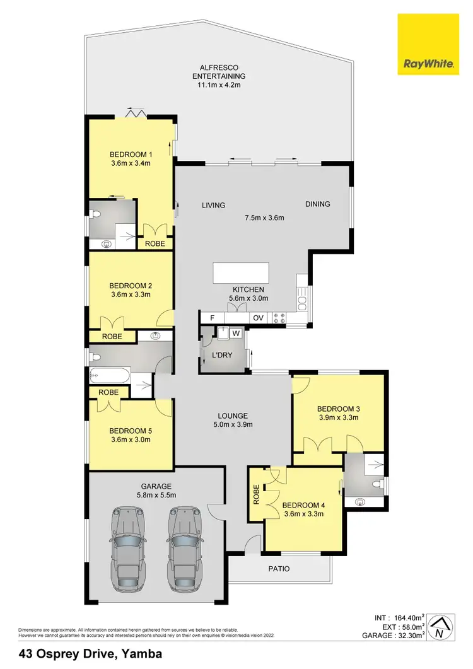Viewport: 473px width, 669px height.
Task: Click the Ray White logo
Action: point(426,44)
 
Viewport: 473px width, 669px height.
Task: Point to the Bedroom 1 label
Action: point(131,154)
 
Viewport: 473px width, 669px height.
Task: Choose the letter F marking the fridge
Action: point(212,318)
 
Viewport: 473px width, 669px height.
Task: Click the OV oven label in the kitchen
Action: point(258,318)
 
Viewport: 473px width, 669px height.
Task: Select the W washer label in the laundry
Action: point(236,333)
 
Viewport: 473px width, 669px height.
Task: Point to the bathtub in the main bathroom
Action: point(111,378)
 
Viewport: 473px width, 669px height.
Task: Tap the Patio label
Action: point(279,569)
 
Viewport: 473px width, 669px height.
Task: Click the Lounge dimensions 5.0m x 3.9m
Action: point(233,424)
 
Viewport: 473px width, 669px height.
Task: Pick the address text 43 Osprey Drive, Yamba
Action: point(91,654)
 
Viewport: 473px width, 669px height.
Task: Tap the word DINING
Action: point(317,204)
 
